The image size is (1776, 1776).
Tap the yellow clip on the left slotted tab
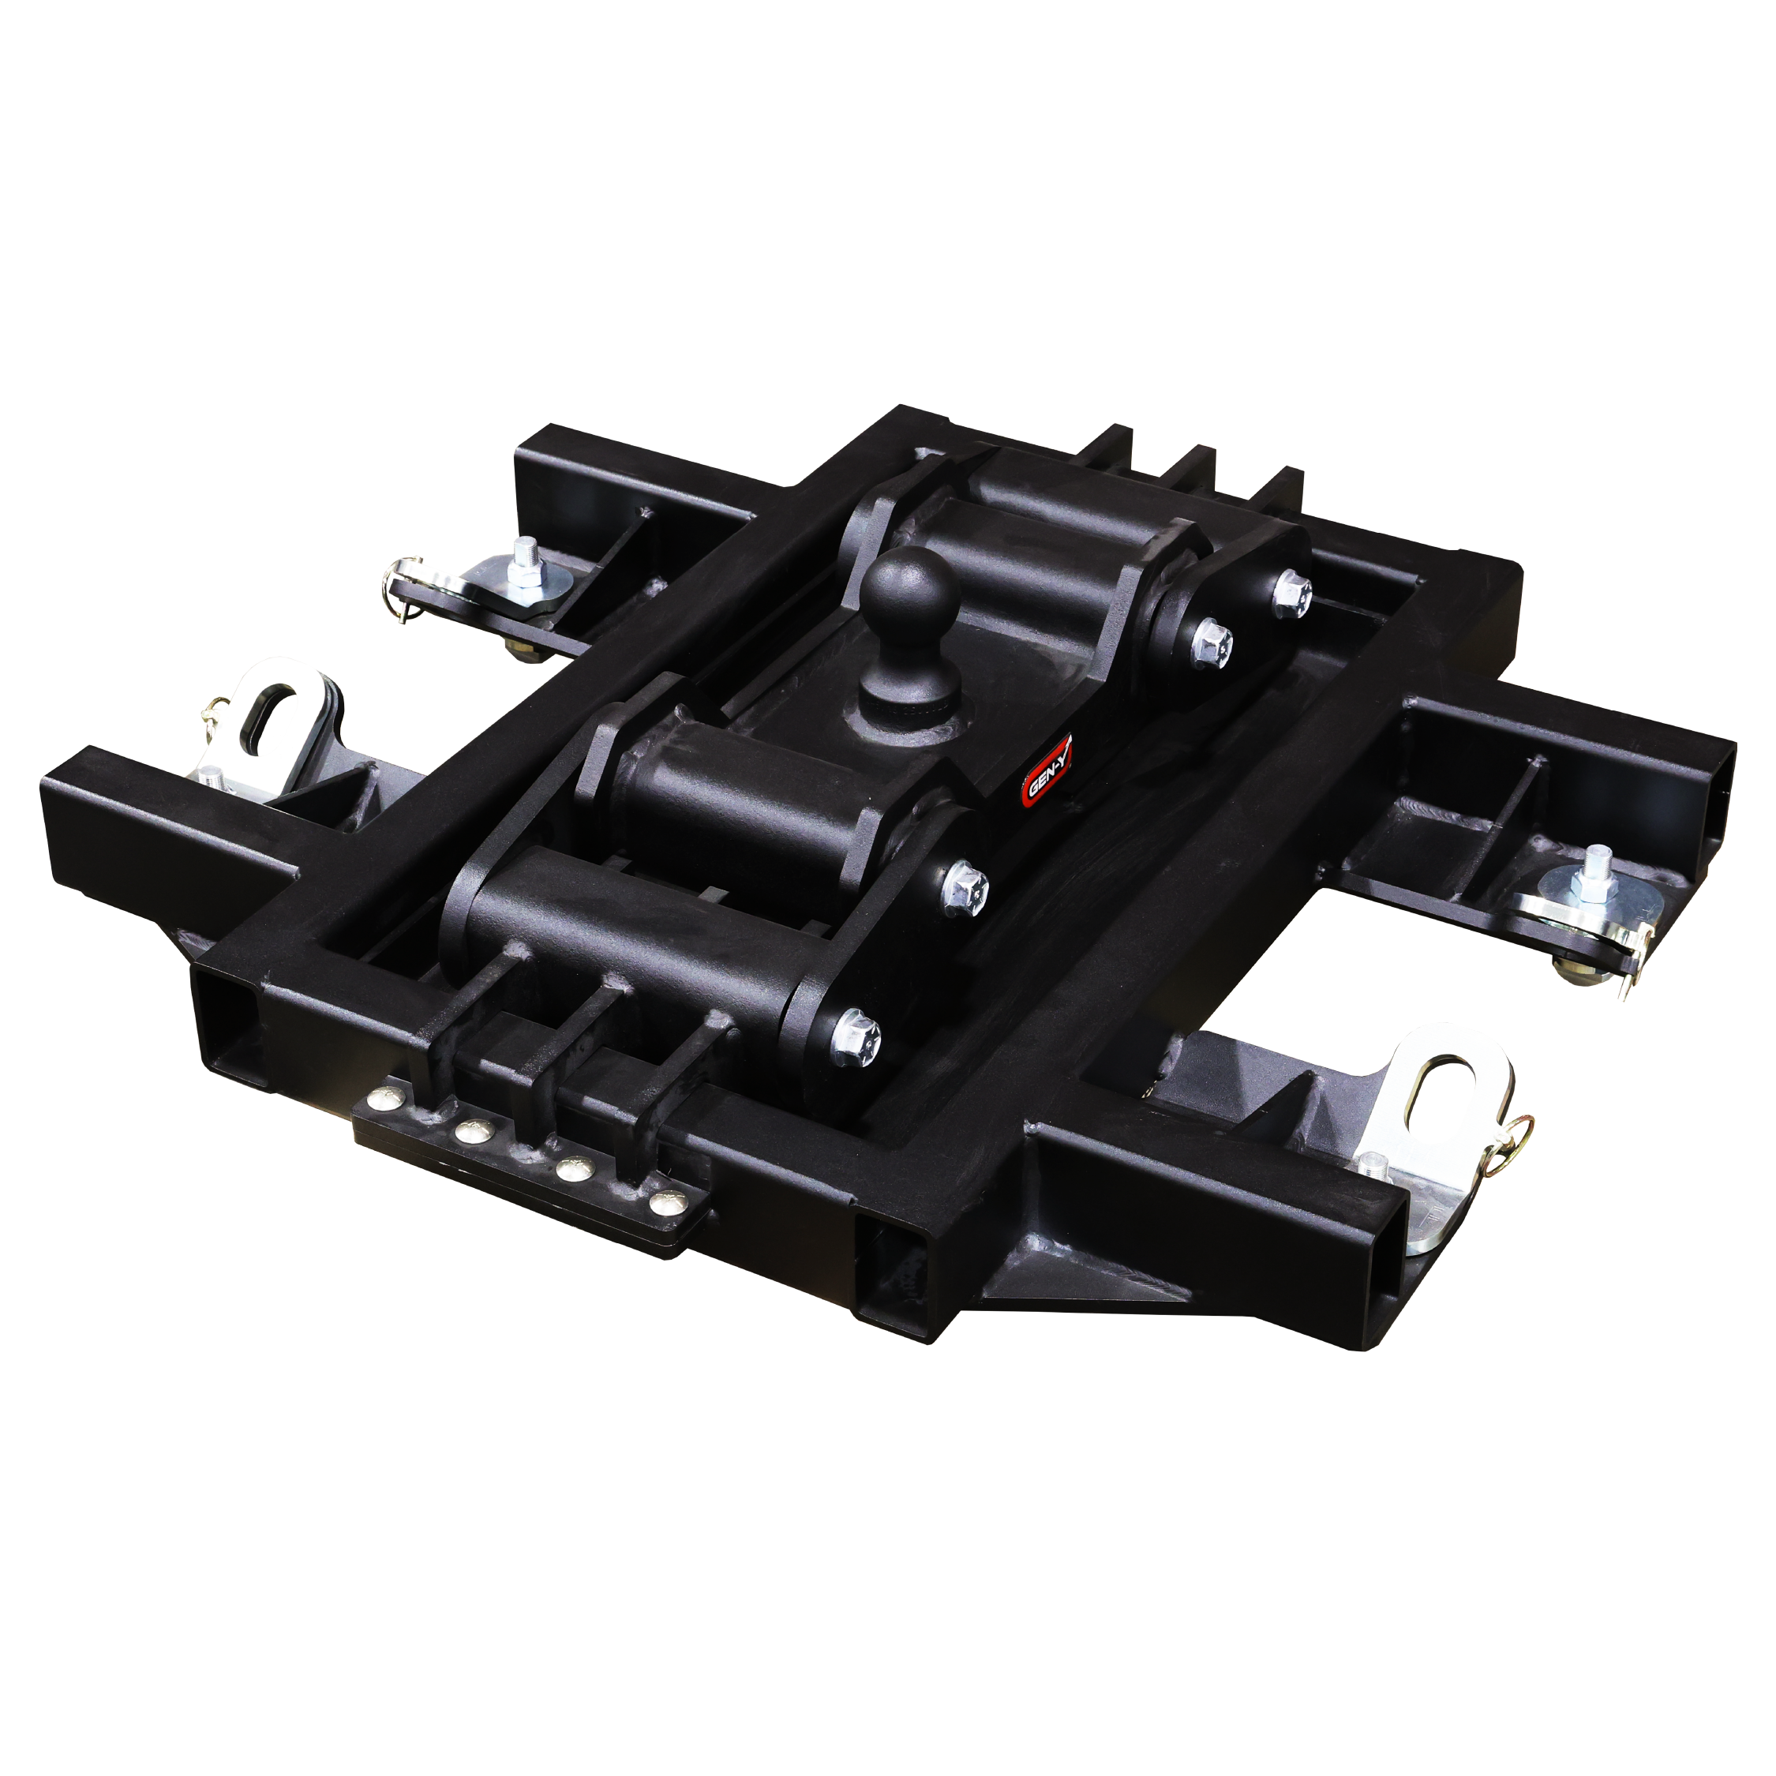click(x=217, y=709)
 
